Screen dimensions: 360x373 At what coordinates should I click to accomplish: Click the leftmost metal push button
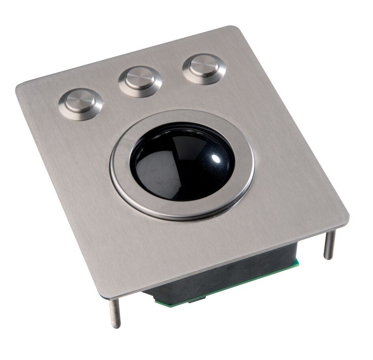(x=81, y=102)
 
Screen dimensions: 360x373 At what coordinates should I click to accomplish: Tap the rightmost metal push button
(x=204, y=66)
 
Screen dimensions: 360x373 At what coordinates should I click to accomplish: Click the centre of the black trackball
(x=182, y=162)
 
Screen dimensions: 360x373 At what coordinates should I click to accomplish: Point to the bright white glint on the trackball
(x=216, y=159)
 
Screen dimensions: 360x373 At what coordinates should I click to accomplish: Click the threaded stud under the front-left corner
(x=115, y=313)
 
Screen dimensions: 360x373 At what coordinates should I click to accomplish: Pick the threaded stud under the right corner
(x=329, y=244)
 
